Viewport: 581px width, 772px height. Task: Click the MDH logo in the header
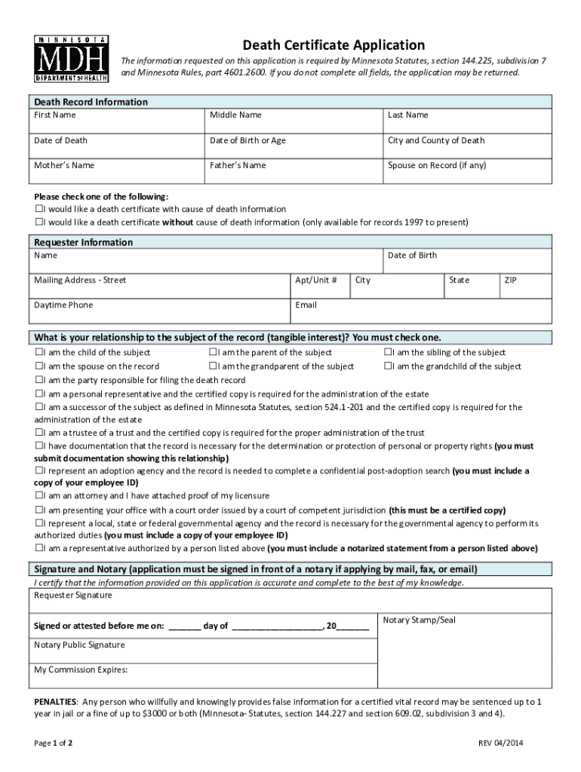point(72,58)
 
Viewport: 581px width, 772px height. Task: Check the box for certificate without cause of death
point(38,222)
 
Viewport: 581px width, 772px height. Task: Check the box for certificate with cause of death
point(38,209)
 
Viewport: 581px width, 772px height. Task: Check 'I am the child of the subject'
point(38,353)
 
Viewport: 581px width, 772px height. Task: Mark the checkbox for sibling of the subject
point(388,353)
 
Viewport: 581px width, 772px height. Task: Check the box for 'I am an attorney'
point(38,496)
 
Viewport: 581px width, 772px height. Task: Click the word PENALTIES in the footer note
point(55,701)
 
